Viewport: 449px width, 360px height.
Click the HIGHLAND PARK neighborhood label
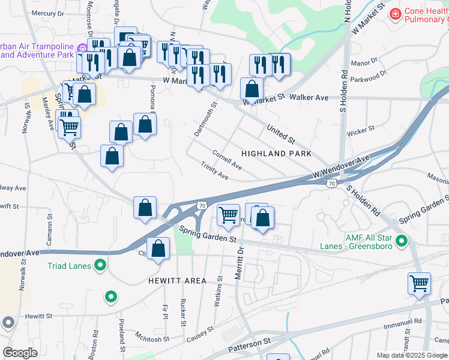coord(276,154)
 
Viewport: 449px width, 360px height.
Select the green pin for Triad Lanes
coord(101,265)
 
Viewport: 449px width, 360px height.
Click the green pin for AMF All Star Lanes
coord(402,242)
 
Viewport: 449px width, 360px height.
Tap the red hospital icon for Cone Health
coord(395,14)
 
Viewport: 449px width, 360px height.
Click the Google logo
coord(20,353)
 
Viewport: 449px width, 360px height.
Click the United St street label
coord(281,135)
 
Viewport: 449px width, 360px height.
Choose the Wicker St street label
coord(361,128)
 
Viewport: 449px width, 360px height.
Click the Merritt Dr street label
coord(240,261)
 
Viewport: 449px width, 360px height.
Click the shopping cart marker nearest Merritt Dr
coord(228,215)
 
